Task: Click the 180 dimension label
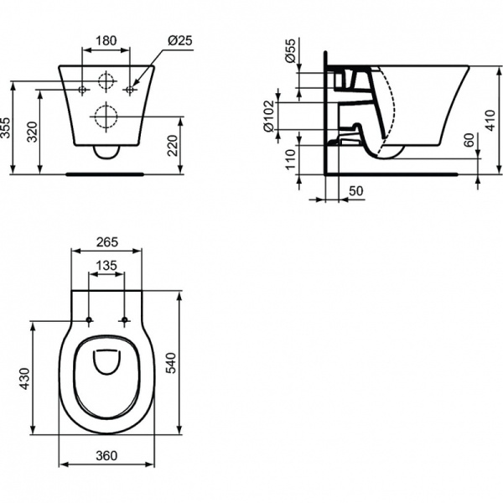tap(106, 39)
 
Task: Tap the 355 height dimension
tap(7, 128)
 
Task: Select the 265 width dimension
tap(106, 242)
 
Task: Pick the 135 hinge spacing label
tap(106, 265)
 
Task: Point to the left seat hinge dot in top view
tap(89, 320)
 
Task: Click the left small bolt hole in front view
tap(82, 88)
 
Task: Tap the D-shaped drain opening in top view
tap(106, 360)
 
